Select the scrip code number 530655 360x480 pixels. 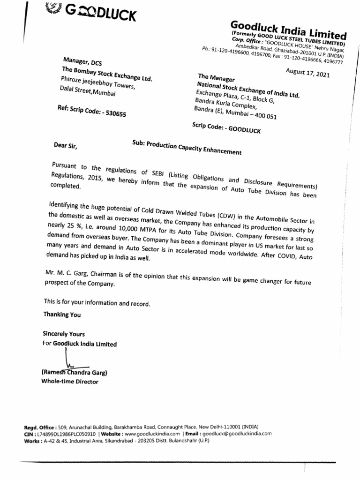point(112,113)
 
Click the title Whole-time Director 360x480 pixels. point(70,382)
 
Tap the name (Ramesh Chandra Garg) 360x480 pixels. point(75,373)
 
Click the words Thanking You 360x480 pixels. point(62,315)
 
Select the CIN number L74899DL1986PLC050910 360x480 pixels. point(65,434)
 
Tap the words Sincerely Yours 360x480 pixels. point(64,334)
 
